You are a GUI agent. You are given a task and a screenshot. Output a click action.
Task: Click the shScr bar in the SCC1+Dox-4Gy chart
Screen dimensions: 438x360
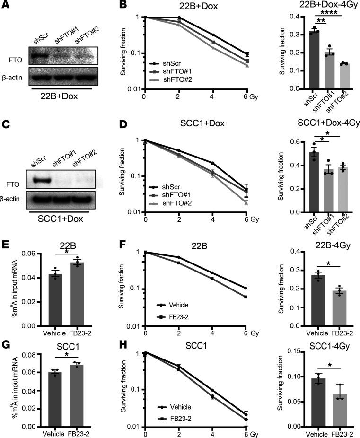click(314, 182)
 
